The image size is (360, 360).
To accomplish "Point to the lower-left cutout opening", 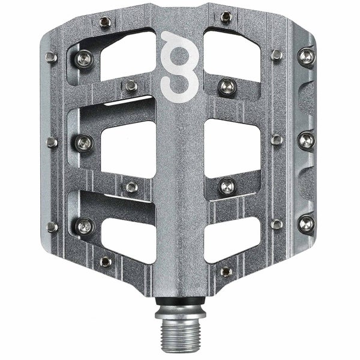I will click(127, 231).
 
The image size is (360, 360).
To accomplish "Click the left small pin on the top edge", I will click(106, 22).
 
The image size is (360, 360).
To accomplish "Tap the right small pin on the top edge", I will click(225, 16).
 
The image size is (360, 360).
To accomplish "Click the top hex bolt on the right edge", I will click(306, 57).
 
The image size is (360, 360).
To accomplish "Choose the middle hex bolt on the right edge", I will click(306, 140).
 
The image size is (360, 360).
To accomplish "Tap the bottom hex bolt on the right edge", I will click(306, 224).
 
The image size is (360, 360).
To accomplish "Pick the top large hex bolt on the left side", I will click(84, 59).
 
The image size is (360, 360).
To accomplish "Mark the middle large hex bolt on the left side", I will click(84, 142).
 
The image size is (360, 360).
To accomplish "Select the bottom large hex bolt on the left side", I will click(84, 226).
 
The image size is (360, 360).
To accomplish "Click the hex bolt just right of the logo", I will click(226, 86).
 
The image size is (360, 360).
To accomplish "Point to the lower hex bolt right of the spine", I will click(226, 186).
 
